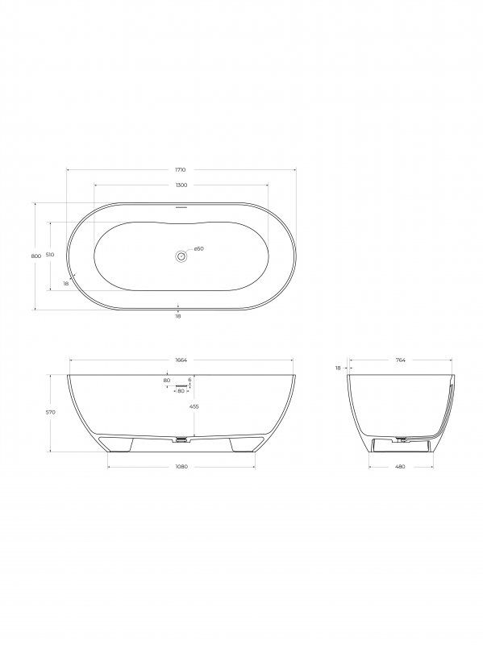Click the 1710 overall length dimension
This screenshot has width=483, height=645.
click(x=181, y=170)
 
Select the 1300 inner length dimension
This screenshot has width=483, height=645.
click(x=181, y=185)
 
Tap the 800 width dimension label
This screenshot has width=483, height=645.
click(x=35, y=256)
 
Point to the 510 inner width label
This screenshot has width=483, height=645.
click(x=50, y=255)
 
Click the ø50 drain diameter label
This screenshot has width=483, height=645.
click(x=198, y=248)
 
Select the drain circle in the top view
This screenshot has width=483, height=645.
click(x=181, y=256)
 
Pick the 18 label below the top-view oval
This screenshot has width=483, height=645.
click(x=177, y=316)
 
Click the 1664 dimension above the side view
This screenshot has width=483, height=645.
click(x=181, y=360)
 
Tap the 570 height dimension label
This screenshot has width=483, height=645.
click(x=50, y=412)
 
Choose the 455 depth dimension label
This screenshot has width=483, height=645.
click(x=194, y=407)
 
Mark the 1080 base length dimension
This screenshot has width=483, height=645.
click(x=181, y=467)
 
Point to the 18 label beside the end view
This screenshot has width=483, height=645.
click(x=339, y=368)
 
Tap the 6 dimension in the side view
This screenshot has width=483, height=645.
click(x=189, y=379)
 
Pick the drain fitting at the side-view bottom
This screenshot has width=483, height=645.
click(x=181, y=440)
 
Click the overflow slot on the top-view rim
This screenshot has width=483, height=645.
click(x=181, y=206)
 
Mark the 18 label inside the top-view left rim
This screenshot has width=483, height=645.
click(x=65, y=284)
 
